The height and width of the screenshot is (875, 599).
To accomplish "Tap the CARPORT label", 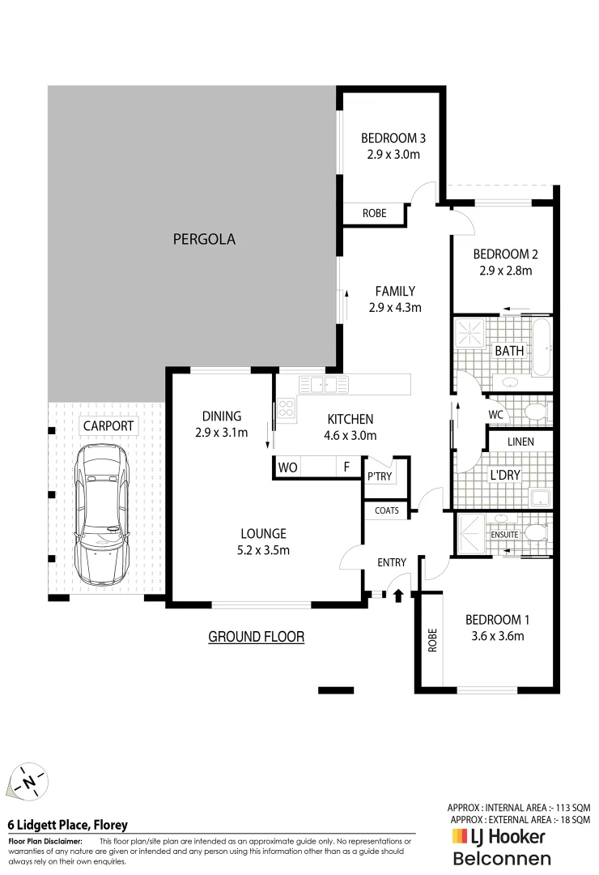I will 108,425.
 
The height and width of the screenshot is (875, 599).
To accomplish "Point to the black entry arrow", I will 397,596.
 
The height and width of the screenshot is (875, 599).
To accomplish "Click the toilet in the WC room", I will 534,412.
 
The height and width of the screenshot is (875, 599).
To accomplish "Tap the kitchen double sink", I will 322,384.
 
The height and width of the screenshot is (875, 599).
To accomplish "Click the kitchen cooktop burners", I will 286,409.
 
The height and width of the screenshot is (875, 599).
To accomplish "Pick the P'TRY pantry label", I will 380,476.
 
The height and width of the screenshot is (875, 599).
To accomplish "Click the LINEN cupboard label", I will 520,442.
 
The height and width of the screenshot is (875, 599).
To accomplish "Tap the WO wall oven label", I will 287,467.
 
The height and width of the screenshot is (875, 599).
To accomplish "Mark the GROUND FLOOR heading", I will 256,637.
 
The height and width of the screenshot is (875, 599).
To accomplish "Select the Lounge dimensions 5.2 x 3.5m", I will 263,550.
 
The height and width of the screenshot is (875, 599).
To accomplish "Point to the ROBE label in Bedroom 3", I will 373,214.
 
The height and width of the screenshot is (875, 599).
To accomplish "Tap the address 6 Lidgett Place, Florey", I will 67,826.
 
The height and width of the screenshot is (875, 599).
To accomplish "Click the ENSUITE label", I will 503,535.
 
